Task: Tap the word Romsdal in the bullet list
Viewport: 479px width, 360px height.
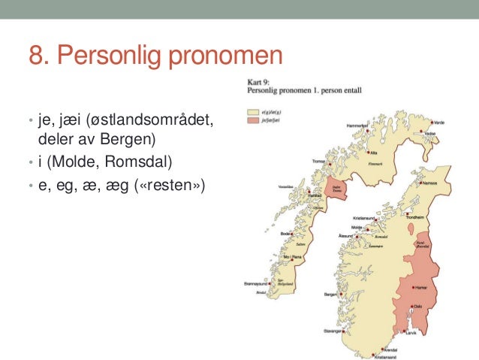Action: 134,162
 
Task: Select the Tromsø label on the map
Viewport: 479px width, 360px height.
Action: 319,161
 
